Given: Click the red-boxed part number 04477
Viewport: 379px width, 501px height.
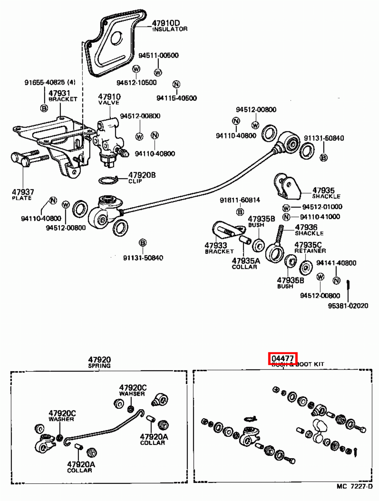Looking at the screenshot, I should (283, 359).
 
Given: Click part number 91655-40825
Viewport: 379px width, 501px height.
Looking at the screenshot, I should (50, 82).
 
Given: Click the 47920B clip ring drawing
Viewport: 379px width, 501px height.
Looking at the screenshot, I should (108, 181).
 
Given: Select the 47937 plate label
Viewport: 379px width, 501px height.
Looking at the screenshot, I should (23, 194).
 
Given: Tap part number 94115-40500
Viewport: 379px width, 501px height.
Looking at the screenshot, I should (176, 98).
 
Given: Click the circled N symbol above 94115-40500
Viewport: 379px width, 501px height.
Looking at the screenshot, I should (176, 84).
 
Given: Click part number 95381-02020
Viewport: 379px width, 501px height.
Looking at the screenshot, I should (348, 306).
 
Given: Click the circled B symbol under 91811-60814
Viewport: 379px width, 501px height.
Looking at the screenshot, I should (240, 212).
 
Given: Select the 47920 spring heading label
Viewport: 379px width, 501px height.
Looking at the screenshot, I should (99, 362).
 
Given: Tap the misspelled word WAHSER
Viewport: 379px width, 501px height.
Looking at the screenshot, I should (132, 394).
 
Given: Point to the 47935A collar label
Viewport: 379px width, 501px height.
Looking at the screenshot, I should (245, 263).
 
